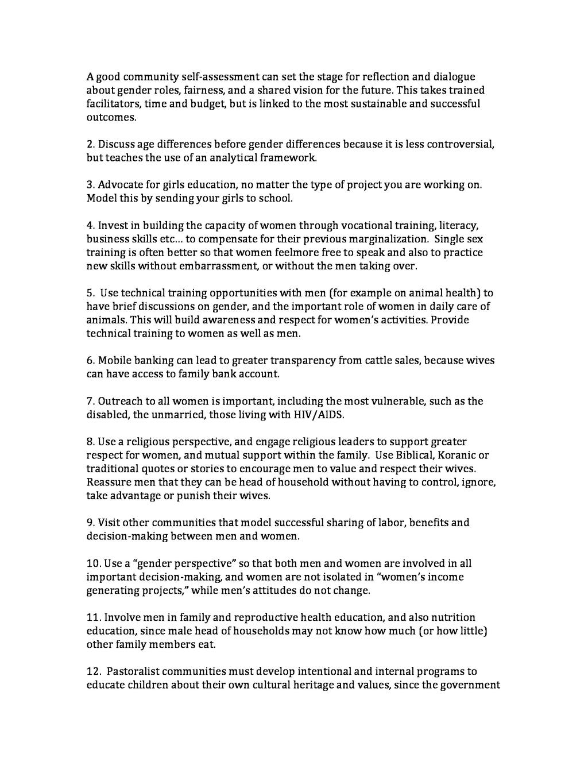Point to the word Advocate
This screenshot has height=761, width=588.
coord(120,185)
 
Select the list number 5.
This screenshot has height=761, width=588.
coord(91,293)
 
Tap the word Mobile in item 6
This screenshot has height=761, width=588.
coord(114,361)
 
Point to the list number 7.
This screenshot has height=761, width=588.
coord(91,401)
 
